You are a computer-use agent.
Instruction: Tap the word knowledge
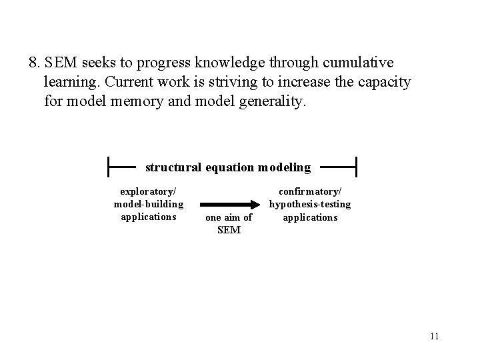(x=229, y=63)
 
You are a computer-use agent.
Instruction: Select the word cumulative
(x=359, y=63)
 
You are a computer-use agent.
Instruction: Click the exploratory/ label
(x=148, y=191)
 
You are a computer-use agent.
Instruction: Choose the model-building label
(x=149, y=204)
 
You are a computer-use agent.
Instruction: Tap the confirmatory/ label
(x=310, y=191)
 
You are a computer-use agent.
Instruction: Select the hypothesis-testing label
(x=310, y=204)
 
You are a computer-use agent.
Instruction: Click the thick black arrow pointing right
(x=229, y=205)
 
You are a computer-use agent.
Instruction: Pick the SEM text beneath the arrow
(x=229, y=231)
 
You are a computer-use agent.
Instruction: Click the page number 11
(x=435, y=335)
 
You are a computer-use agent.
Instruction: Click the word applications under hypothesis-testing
(x=310, y=217)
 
